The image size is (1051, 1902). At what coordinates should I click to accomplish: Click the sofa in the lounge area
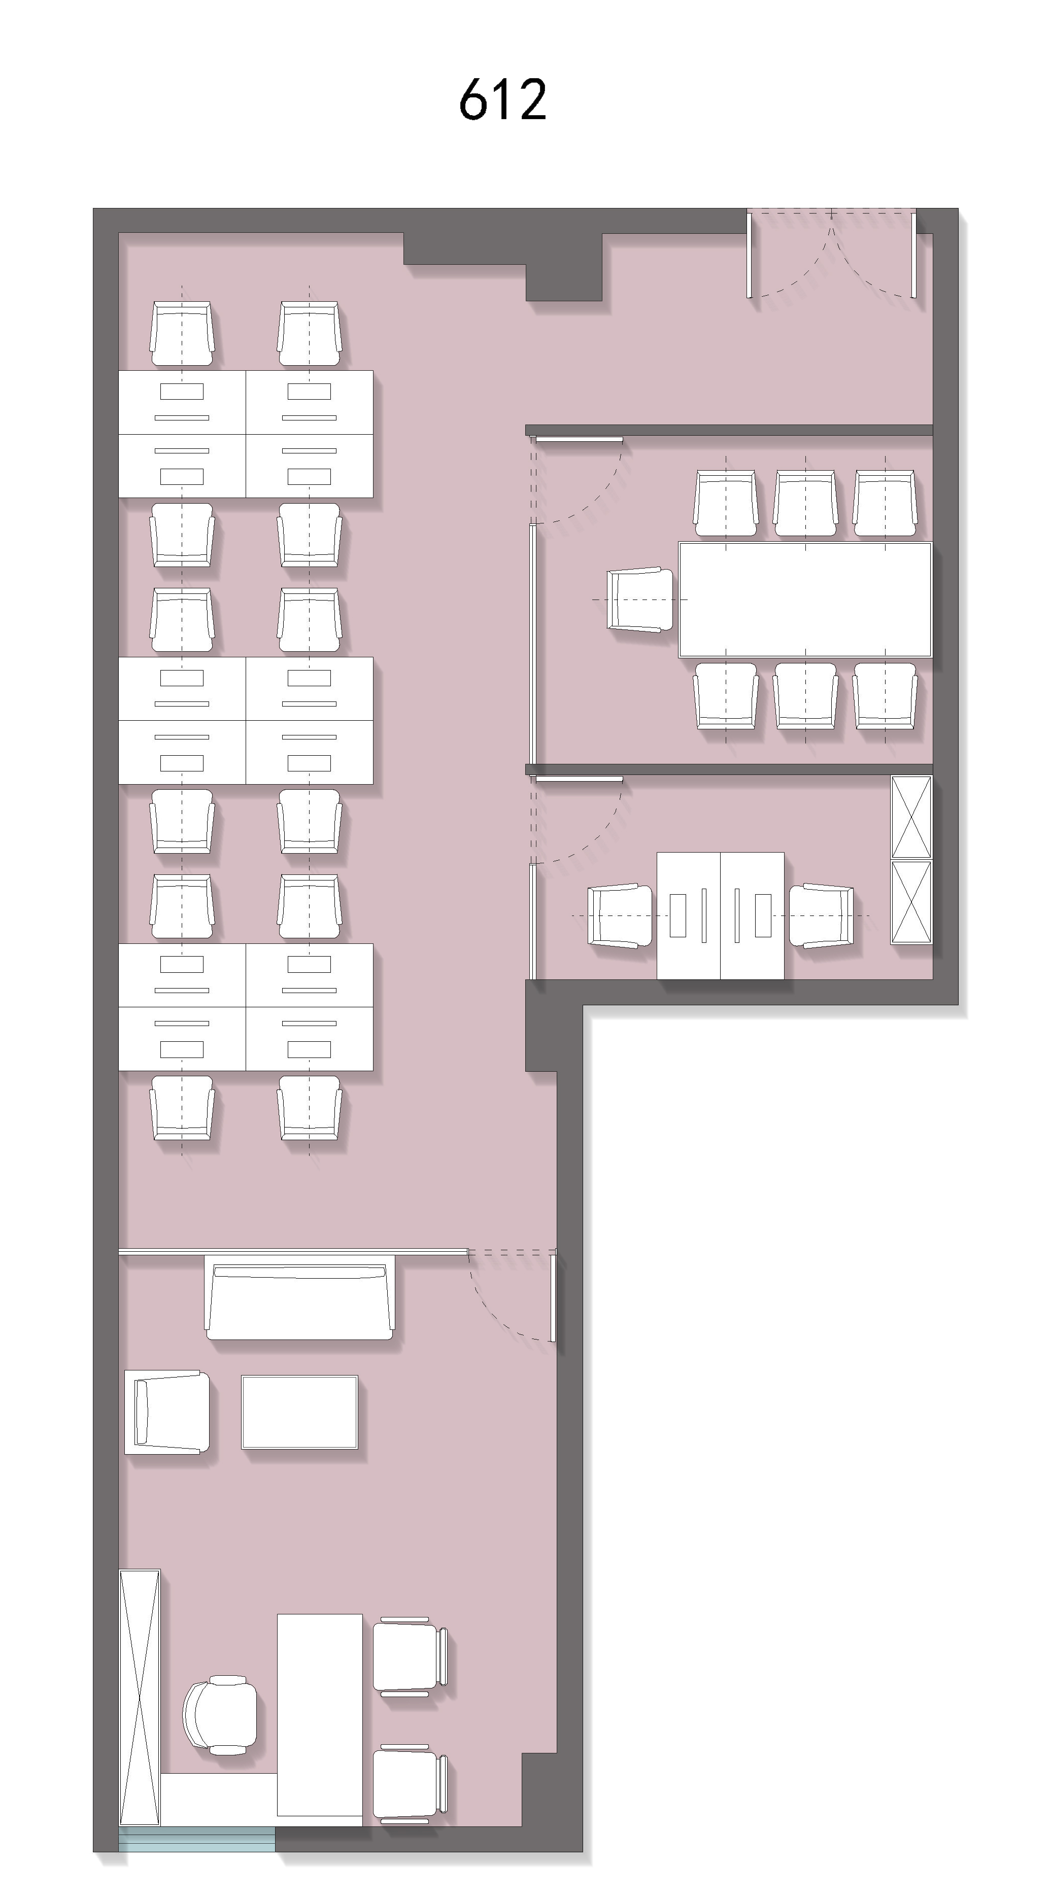pyautogui.click(x=299, y=1301)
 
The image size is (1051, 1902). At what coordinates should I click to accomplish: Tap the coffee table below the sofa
pyautogui.click(x=299, y=1412)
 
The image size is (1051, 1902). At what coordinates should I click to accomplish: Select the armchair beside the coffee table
pyautogui.click(x=166, y=1412)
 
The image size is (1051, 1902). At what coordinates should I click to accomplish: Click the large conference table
pyautogui.click(x=805, y=600)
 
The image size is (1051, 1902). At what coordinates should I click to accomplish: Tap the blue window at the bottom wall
pyautogui.click(x=196, y=1839)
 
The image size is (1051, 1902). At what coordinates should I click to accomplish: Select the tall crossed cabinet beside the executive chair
pyautogui.click(x=140, y=1698)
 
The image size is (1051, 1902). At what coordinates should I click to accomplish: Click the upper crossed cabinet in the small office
pyautogui.click(x=911, y=817)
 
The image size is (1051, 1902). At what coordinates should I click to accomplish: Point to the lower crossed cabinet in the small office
pyautogui.click(x=911, y=901)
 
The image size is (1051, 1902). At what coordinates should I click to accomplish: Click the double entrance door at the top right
pyautogui.click(x=832, y=255)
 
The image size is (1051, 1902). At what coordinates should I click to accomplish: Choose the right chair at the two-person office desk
pyautogui.click(x=821, y=915)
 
